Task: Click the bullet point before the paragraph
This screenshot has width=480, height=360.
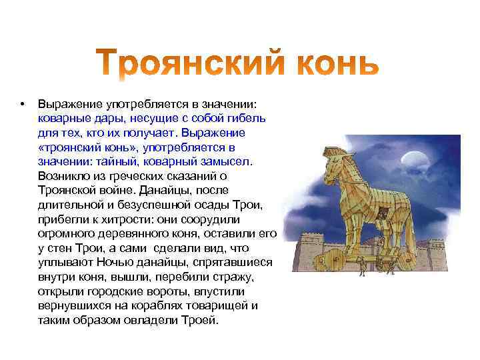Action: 22,104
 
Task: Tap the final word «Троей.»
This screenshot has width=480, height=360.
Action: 200,319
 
